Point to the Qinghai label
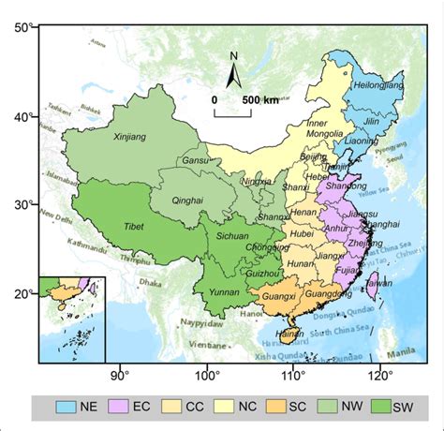189,199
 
